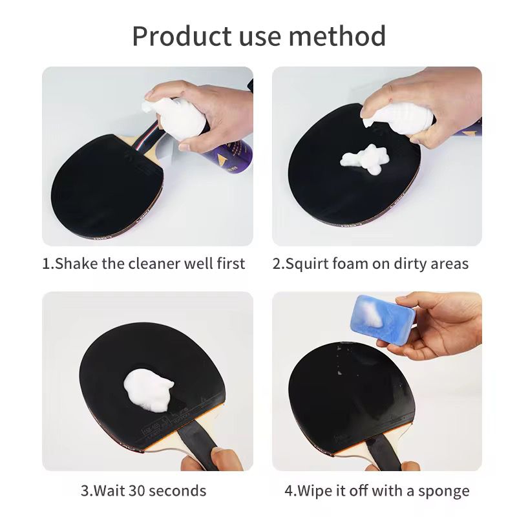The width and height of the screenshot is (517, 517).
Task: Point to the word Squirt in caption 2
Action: click(309, 263)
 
